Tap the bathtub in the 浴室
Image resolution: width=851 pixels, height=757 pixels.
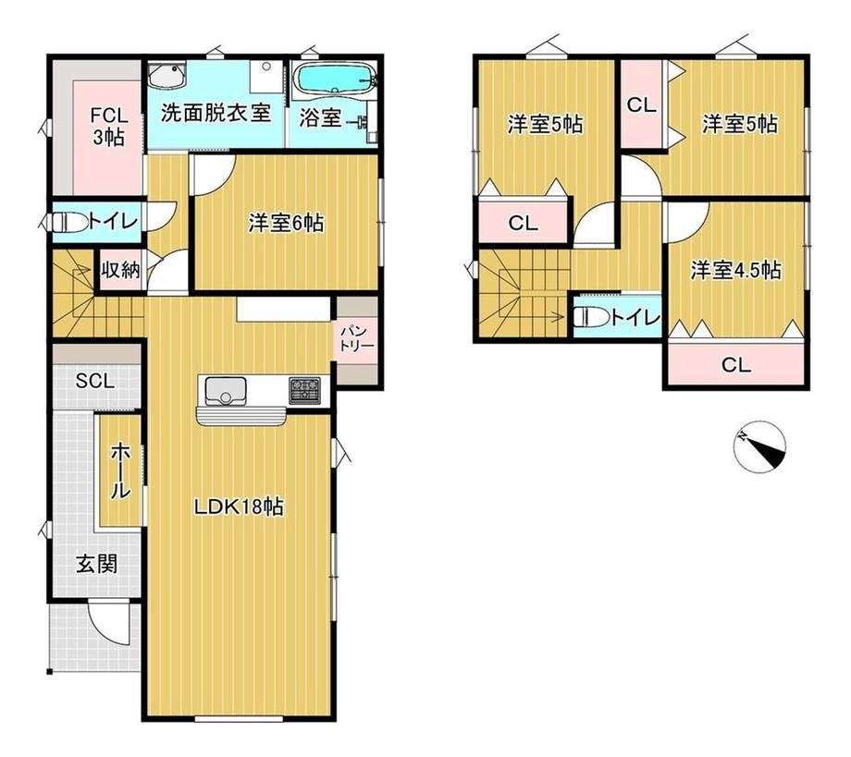coord(334,79)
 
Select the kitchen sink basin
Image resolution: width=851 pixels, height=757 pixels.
coord(225,390)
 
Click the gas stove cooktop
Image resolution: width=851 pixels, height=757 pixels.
coord(304,390)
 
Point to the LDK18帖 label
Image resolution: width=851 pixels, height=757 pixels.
coord(239,507)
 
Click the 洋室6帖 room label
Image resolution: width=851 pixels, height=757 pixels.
coord(286,223)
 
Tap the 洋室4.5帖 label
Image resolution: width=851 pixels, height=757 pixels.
coord(736,270)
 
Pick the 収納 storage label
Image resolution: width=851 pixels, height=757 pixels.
coord(120,270)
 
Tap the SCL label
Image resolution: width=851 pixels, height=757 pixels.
coord(95,381)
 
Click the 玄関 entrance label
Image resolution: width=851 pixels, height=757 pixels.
coord(96,564)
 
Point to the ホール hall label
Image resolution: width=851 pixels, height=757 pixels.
coord(120,470)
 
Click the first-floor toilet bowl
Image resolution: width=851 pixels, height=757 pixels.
coord(69,223)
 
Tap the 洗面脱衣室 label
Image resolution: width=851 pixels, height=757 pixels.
coord(216,114)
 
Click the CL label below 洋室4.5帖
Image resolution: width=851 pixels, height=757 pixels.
coord(736,365)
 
